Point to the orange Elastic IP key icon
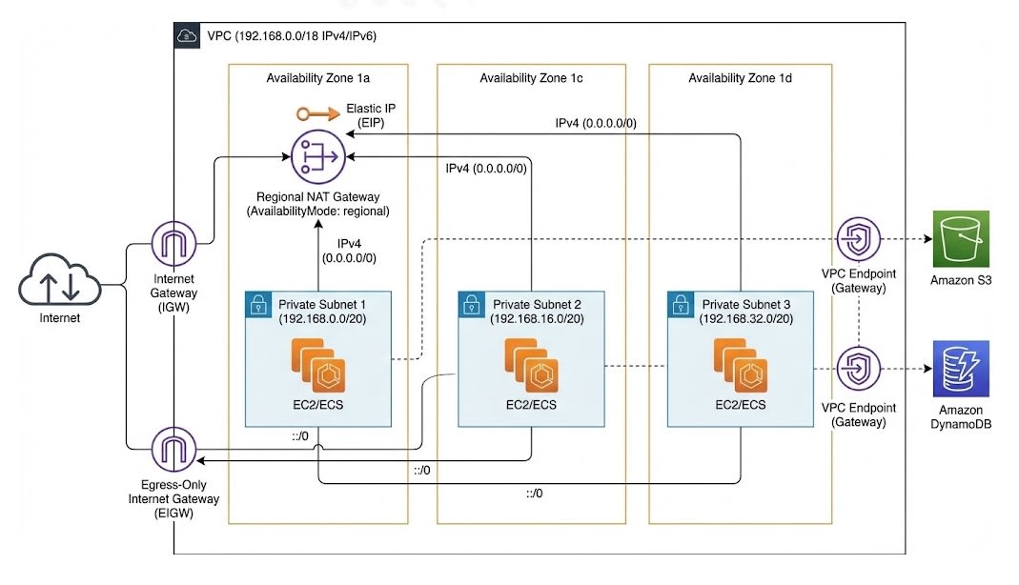(x=315, y=114)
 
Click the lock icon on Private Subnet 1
(x=257, y=305)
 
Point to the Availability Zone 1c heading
(x=531, y=78)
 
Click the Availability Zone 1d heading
(x=741, y=78)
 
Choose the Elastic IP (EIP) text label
(x=371, y=115)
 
